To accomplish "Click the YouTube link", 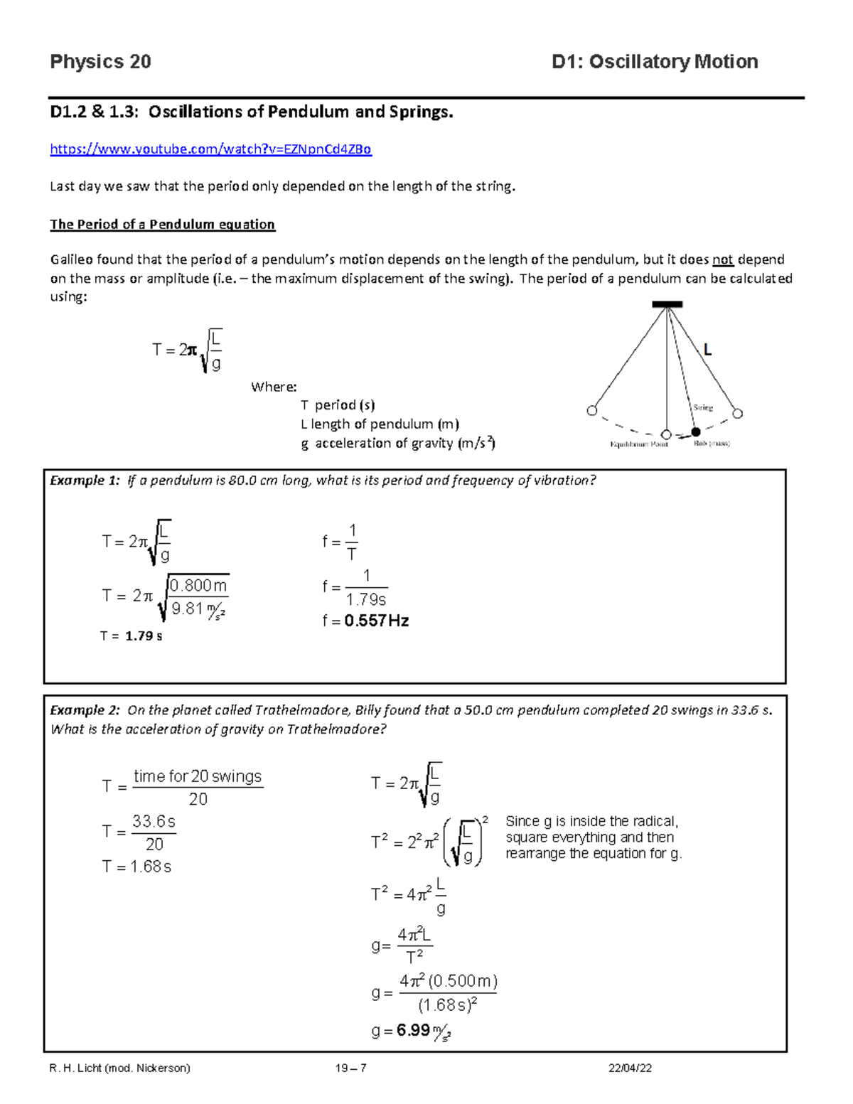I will point(210,149).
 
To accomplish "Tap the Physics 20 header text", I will point(100,62).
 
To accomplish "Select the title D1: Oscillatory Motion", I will point(654,62).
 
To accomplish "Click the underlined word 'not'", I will point(722,260).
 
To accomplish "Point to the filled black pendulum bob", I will point(696,432).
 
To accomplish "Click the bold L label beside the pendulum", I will point(707,350).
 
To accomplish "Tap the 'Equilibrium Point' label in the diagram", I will point(638,444).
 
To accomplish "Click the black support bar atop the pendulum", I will point(667,304).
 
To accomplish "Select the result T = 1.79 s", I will point(132,636).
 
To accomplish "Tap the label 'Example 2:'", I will point(85,710).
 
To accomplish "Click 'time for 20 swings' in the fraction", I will point(198,776).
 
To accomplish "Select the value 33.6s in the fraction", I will point(154,822).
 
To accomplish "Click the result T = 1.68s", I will point(136,867).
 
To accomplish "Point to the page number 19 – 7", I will point(351,1068).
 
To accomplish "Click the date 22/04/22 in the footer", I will point(631,1068).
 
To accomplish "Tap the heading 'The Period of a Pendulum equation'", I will point(162,225).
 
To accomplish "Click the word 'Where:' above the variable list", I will point(274,387).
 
